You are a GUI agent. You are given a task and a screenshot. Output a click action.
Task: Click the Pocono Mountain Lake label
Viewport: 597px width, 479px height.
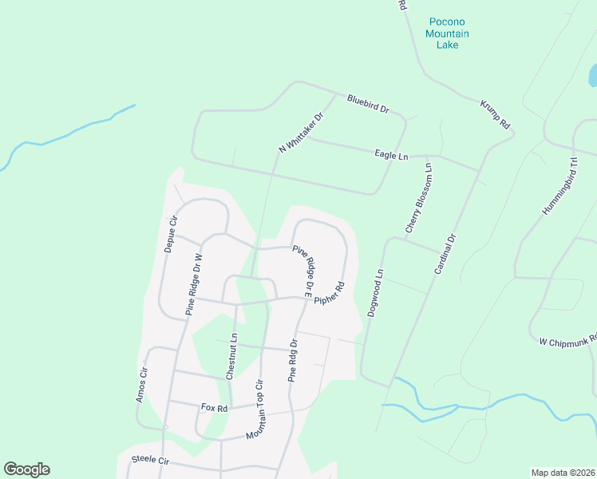447,34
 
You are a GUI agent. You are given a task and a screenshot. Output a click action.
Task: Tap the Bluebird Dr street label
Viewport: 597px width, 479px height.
367,104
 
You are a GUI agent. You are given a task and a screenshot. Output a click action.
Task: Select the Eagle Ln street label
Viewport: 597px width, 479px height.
391,155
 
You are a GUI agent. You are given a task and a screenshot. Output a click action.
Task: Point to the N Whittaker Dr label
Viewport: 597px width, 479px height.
301,133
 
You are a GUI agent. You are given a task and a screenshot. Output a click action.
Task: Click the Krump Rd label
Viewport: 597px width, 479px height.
495,114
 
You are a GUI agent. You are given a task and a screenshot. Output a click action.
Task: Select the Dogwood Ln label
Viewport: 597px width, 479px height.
376,293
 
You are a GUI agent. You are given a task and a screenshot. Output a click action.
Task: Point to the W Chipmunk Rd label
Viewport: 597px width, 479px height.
567,340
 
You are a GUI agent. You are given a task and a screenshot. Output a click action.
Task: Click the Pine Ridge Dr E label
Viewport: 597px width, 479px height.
303,267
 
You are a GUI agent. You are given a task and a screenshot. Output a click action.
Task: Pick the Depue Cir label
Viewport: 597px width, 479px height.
170,234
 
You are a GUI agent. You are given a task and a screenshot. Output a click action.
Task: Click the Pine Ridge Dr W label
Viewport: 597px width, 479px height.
194,285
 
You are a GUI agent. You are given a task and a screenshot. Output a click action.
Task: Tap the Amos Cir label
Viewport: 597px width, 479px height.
142,384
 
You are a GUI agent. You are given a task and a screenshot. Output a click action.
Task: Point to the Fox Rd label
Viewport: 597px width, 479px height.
214,407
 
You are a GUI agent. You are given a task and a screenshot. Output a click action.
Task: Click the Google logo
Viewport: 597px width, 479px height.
26,469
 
